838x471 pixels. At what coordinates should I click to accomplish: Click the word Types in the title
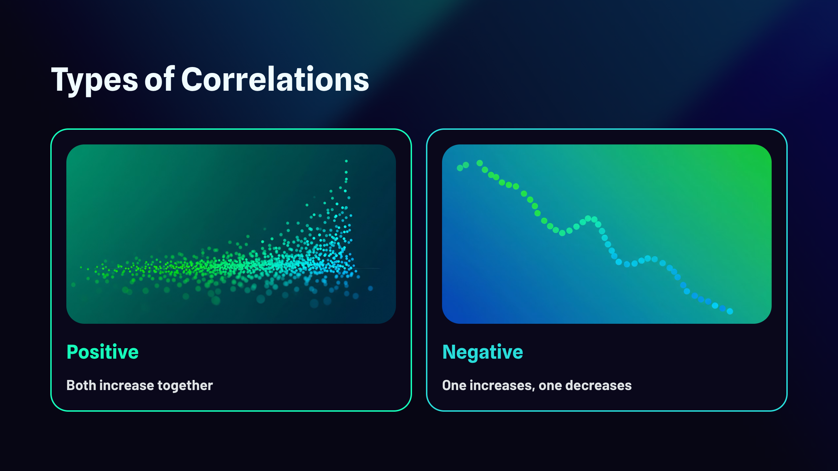(95, 80)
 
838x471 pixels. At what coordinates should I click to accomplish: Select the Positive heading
(103, 352)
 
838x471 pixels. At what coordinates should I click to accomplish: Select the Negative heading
(483, 352)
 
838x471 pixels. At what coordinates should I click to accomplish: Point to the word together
(185, 386)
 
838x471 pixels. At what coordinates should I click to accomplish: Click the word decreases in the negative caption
(598, 385)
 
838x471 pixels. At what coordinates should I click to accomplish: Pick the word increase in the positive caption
(127, 385)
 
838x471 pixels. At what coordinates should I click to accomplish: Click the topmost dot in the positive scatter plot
(346, 161)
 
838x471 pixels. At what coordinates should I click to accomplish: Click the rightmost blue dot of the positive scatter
(370, 289)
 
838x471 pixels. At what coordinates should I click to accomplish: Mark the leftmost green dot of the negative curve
(460, 168)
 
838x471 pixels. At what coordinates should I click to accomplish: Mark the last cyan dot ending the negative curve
(730, 312)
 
